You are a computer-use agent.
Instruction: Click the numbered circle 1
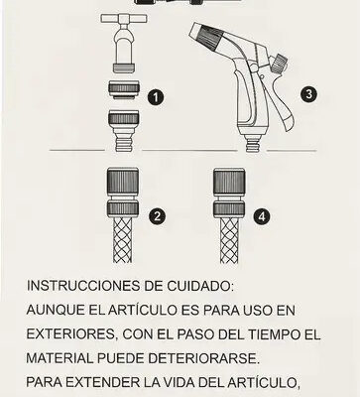coord(156,97)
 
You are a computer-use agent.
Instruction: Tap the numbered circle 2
coord(157,216)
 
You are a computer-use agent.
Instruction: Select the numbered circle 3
coord(308,94)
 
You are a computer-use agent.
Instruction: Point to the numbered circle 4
coord(262,216)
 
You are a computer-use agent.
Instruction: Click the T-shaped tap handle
coord(124,19)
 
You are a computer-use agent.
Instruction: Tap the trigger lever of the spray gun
coord(283,106)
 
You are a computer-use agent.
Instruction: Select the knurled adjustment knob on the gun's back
coord(279,64)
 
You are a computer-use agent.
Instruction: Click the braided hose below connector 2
coord(123,240)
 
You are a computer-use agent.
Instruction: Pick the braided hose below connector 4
coord(229,240)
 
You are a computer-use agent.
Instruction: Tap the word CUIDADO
coord(200,286)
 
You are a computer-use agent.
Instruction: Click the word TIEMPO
coord(273,334)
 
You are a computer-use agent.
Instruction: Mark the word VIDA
coord(181,382)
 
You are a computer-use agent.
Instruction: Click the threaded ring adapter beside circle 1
coord(124,89)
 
